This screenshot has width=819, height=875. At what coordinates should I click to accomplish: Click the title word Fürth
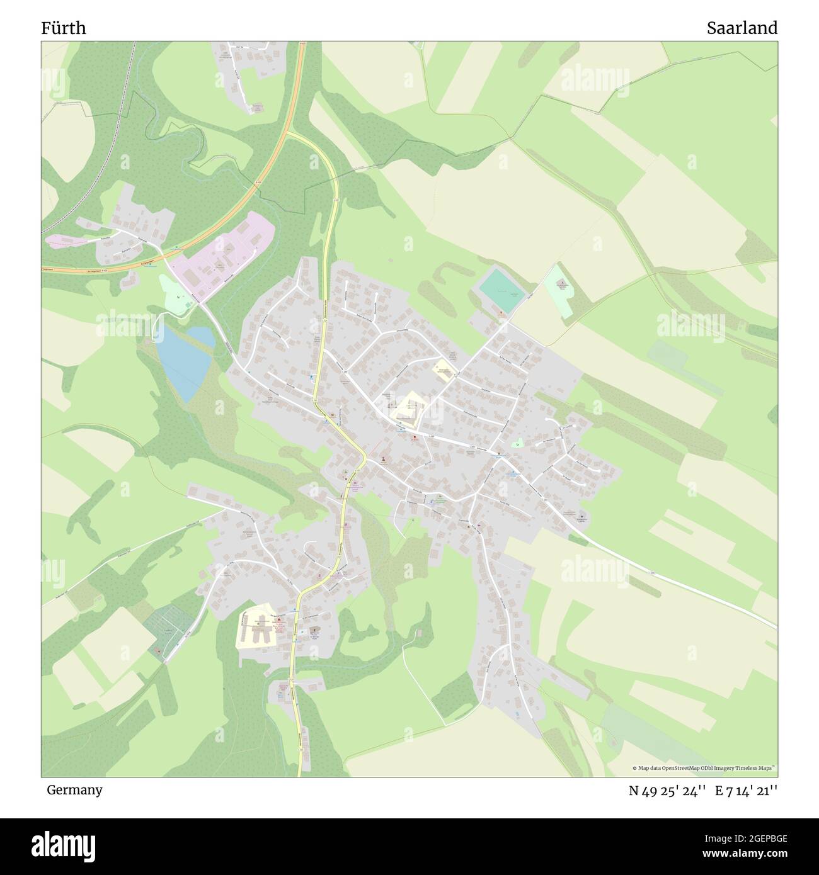[64, 28]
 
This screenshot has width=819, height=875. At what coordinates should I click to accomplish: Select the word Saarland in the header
[742, 28]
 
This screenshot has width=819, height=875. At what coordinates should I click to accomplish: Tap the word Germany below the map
[74, 789]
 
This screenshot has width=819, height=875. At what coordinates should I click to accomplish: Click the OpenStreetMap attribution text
[704, 768]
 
